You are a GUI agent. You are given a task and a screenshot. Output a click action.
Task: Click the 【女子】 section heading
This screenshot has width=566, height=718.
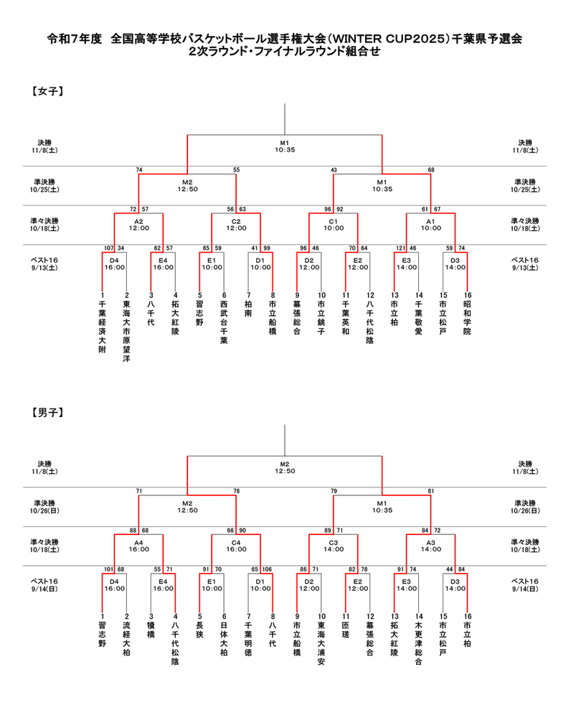point(48,92)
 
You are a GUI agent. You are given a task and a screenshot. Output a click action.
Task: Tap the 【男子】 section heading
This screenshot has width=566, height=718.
point(48,413)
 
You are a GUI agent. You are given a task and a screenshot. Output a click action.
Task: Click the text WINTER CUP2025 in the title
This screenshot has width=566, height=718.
point(385,41)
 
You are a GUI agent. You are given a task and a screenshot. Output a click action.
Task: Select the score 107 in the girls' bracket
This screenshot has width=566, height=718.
point(108,248)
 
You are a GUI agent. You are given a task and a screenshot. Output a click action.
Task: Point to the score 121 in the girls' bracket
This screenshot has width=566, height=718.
point(400,248)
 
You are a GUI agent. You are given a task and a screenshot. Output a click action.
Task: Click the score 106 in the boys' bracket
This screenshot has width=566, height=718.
point(267,570)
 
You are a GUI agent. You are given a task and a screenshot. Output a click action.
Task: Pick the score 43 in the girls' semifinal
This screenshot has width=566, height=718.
point(334,169)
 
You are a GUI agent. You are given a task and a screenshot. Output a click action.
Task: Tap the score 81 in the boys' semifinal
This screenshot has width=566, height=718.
point(430,491)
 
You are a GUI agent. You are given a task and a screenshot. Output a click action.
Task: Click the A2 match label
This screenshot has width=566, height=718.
point(138,221)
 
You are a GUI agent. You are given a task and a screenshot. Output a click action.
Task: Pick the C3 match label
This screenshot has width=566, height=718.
point(334,543)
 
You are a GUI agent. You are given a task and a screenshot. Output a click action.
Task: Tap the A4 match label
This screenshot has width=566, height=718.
point(138,543)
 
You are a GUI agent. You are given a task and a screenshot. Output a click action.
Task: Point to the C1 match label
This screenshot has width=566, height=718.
point(334,221)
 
